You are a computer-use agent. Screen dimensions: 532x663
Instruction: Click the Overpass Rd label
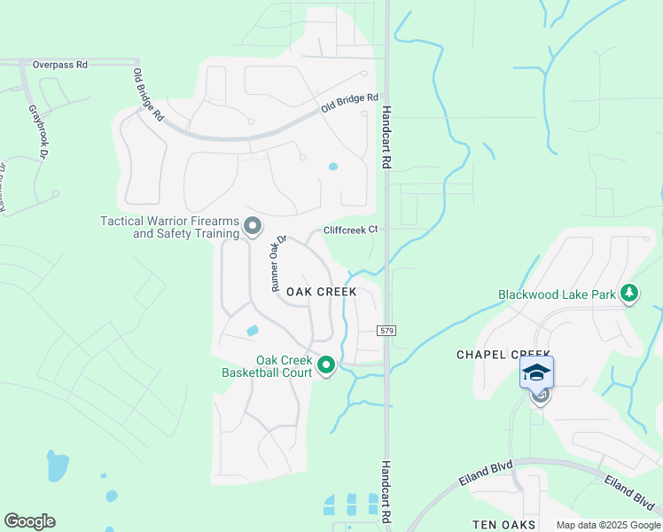click(60, 65)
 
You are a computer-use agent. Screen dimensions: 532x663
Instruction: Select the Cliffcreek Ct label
click(350, 229)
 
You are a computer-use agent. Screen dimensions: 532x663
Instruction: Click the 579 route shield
click(386, 330)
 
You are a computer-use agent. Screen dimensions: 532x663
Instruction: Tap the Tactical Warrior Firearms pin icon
click(253, 227)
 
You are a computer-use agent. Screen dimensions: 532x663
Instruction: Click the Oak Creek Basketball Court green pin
click(326, 364)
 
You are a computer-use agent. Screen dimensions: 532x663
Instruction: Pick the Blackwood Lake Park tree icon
click(629, 293)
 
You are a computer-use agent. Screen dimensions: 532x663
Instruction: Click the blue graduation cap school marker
click(536, 372)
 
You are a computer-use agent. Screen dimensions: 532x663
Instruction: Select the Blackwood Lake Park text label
click(557, 294)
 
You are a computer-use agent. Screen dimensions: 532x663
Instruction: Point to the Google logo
click(29, 521)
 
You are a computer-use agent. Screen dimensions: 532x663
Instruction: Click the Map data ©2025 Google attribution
click(608, 525)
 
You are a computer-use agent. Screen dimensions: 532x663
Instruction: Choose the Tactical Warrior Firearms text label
click(170, 227)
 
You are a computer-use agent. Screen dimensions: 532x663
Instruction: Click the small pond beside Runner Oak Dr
click(253, 331)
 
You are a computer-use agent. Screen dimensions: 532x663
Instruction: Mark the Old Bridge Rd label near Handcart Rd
click(350, 103)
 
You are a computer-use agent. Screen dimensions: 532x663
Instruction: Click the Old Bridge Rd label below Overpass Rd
click(148, 95)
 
